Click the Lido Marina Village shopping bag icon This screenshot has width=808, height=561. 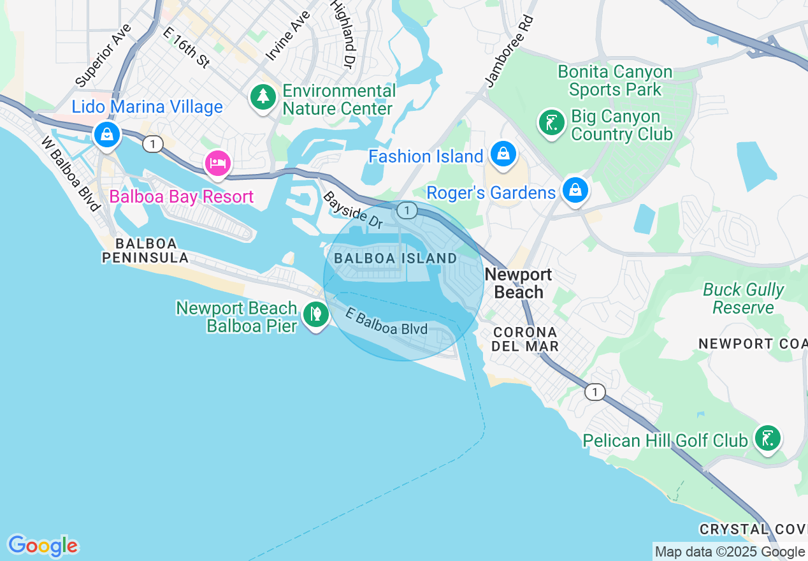(107, 135)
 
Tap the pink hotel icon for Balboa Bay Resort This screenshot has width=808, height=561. (218, 163)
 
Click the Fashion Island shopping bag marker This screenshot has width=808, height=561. (503, 154)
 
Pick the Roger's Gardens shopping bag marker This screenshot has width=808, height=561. (575, 191)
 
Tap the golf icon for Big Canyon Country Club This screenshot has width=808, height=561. (551, 122)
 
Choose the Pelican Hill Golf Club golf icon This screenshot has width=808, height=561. (768, 439)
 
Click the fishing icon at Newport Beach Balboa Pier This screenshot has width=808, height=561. (315, 314)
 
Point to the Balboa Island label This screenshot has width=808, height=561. (395, 258)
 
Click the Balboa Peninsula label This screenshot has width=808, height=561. (145, 251)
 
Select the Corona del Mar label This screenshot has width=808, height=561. (526, 339)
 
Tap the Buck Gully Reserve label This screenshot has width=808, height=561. (743, 298)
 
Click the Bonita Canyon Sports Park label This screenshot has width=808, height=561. (615, 80)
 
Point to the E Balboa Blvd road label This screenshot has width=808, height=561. (386, 323)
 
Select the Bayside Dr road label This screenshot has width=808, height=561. (352, 210)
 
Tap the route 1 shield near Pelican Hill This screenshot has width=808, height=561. (595, 391)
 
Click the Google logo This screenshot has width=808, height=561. (43, 546)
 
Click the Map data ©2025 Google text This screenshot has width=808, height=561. (730, 551)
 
